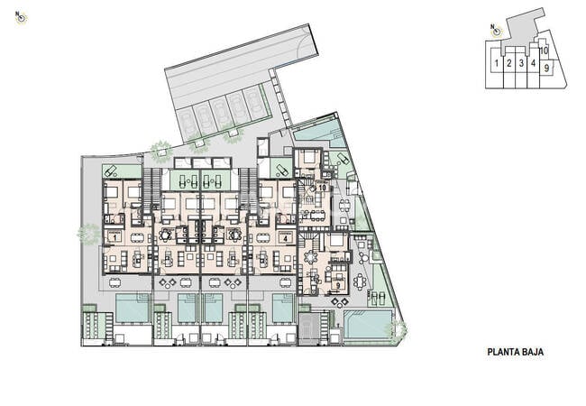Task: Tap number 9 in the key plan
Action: coord(546,68)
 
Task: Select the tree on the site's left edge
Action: coord(88,234)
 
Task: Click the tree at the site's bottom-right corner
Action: coord(395,330)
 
